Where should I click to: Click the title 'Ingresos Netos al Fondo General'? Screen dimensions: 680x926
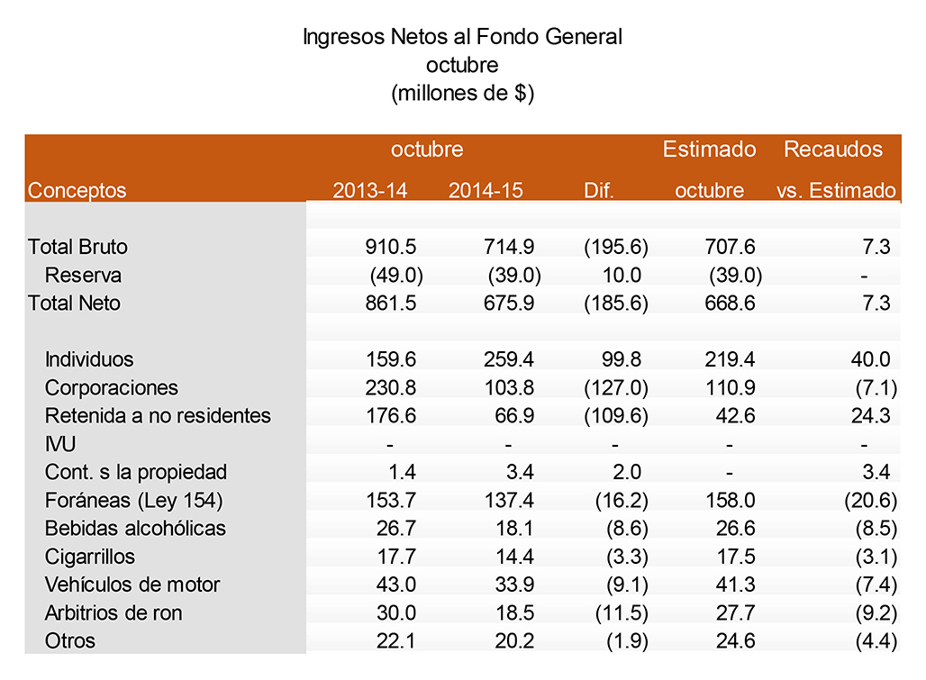click(x=462, y=37)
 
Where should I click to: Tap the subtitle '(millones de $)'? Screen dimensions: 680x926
click(x=462, y=93)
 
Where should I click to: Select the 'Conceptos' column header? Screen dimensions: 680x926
click(x=77, y=191)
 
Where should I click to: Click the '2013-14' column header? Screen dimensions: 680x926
click(x=370, y=191)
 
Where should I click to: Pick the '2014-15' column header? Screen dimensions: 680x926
click(x=486, y=191)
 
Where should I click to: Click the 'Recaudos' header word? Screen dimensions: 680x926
click(x=833, y=150)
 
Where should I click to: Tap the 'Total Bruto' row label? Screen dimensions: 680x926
click(x=78, y=247)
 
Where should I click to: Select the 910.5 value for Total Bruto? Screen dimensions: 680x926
click(x=391, y=247)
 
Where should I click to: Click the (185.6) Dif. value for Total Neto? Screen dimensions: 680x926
click(x=616, y=304)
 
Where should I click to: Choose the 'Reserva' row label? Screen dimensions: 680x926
click(x=83, y=276)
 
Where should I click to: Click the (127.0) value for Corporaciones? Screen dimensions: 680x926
click(x=616, y=388)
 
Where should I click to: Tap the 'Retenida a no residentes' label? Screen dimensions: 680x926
click(x=158, y=416)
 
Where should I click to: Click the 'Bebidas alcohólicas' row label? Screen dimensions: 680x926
click(x=135, y=529)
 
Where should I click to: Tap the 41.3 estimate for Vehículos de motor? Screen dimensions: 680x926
click(x=732, y=585)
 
